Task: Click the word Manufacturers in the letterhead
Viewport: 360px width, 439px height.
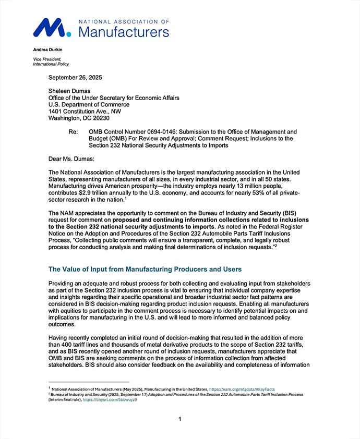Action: tap(124, 32)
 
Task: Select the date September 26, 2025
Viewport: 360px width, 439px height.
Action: tap(75, 77)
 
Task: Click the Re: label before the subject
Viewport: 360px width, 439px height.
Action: tap(74, 132)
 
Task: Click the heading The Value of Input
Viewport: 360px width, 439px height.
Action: tap(145, 269)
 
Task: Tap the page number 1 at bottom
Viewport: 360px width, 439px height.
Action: tap(179, 419)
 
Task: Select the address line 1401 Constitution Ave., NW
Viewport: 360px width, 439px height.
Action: tap(85, 111)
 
